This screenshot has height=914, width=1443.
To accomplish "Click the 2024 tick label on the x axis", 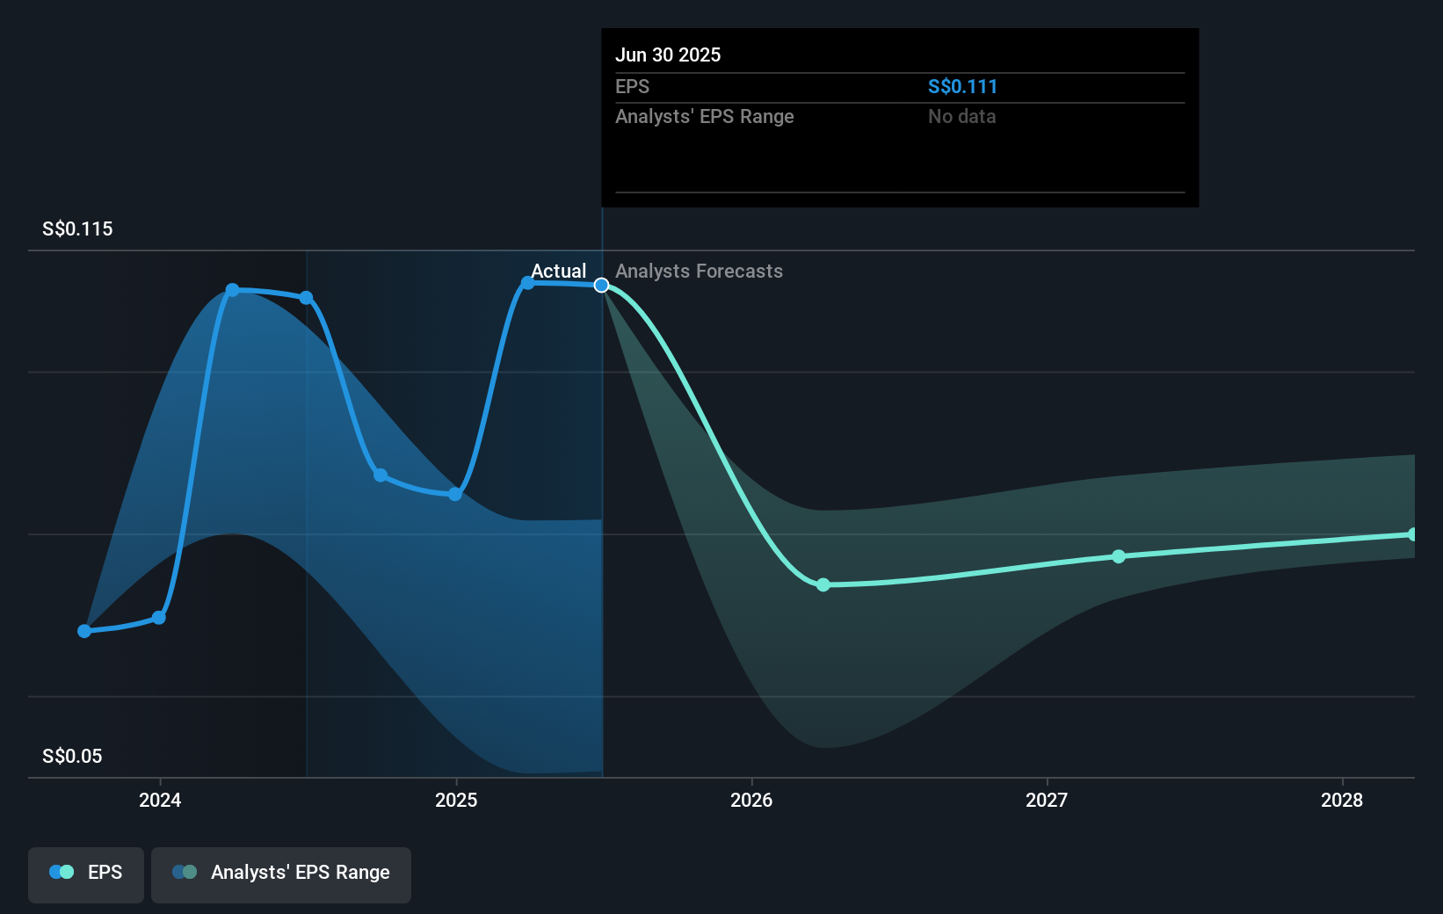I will pyautogui.click(x=160, y=800).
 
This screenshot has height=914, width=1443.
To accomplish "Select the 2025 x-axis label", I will pyautogui.click(x=456, y=800).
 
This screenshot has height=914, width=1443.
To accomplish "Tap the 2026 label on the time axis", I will pyautogui.click(x=751, y=800).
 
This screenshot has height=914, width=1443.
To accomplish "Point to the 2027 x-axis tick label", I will pyautogui.click(x=1047, y=800).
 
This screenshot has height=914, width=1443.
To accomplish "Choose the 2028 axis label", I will pyautogui.click(x=1342, y=800).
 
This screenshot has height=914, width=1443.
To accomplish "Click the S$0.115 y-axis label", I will pyautogui.click(x=77, y=229).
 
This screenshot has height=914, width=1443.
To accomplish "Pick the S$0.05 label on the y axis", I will pyautogui.click(x=72, y=757).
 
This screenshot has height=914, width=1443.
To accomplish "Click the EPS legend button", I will pyautogui.click(x=86, y=873).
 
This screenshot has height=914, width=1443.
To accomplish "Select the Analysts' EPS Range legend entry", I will pyautogui.click(x=281, y=873).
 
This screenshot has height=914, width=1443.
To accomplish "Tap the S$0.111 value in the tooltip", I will pyautogui.click(x=962, y=87).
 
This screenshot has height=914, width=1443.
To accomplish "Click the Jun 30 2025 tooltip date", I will pyautogui.click(x=668, y=55).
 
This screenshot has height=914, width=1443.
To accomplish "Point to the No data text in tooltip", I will pyautogui.click(x=961, y=117).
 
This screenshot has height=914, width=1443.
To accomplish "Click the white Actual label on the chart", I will pyautogui.click(x=558, y=272).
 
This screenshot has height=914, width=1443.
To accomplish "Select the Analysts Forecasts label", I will pyautogui.click(x=699, y=272).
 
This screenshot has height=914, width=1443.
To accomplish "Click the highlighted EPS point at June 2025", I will pyautogui.click(x=602, y=286).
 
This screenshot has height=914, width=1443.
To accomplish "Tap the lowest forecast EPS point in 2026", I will pyautogui.click(x=823, y=585).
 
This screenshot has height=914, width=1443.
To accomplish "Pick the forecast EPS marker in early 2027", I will pyautogui.click(x=1119, y=556).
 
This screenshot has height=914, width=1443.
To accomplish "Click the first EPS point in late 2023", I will pyautogui.click(x=84, y=631).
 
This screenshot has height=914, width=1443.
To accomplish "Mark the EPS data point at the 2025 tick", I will pyautogui.click(x=455, y=494).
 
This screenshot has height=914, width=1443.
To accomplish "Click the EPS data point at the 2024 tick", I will pyautogui.click(x=159, y=618).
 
